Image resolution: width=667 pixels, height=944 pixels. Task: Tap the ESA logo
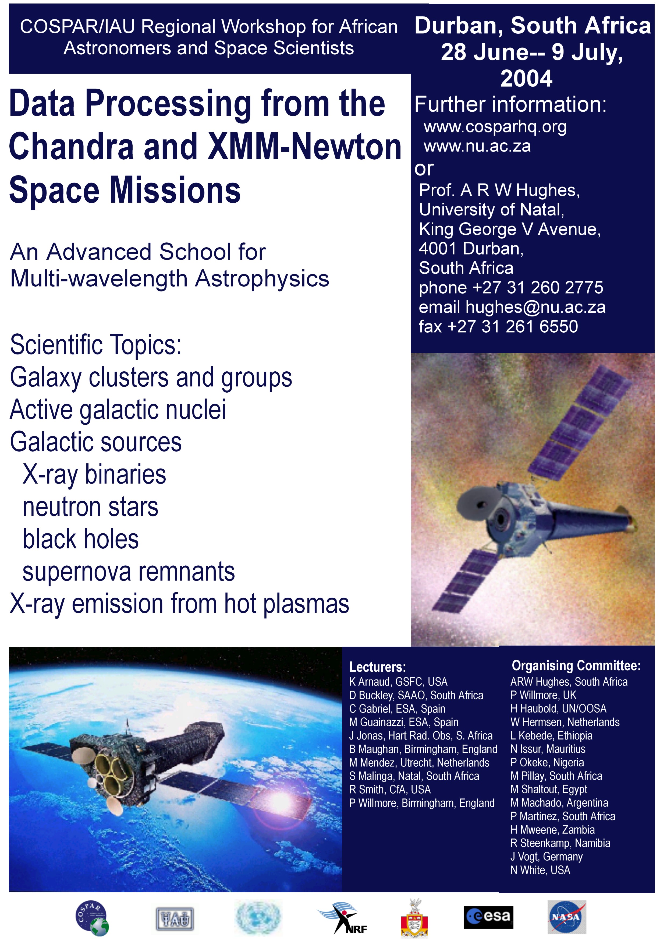coord(489,917)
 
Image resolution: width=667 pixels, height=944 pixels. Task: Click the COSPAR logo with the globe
coord(92,918)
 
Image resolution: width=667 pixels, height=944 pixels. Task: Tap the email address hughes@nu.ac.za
coord(535,307)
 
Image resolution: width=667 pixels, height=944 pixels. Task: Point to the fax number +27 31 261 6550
coord(512,326)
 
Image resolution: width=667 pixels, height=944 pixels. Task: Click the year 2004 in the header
coord(526,79)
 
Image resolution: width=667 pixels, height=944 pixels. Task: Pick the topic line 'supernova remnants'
coord(129,572)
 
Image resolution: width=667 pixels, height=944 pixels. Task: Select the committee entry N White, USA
coord(540,871)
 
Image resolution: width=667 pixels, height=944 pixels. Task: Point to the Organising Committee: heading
coord(576,666)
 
